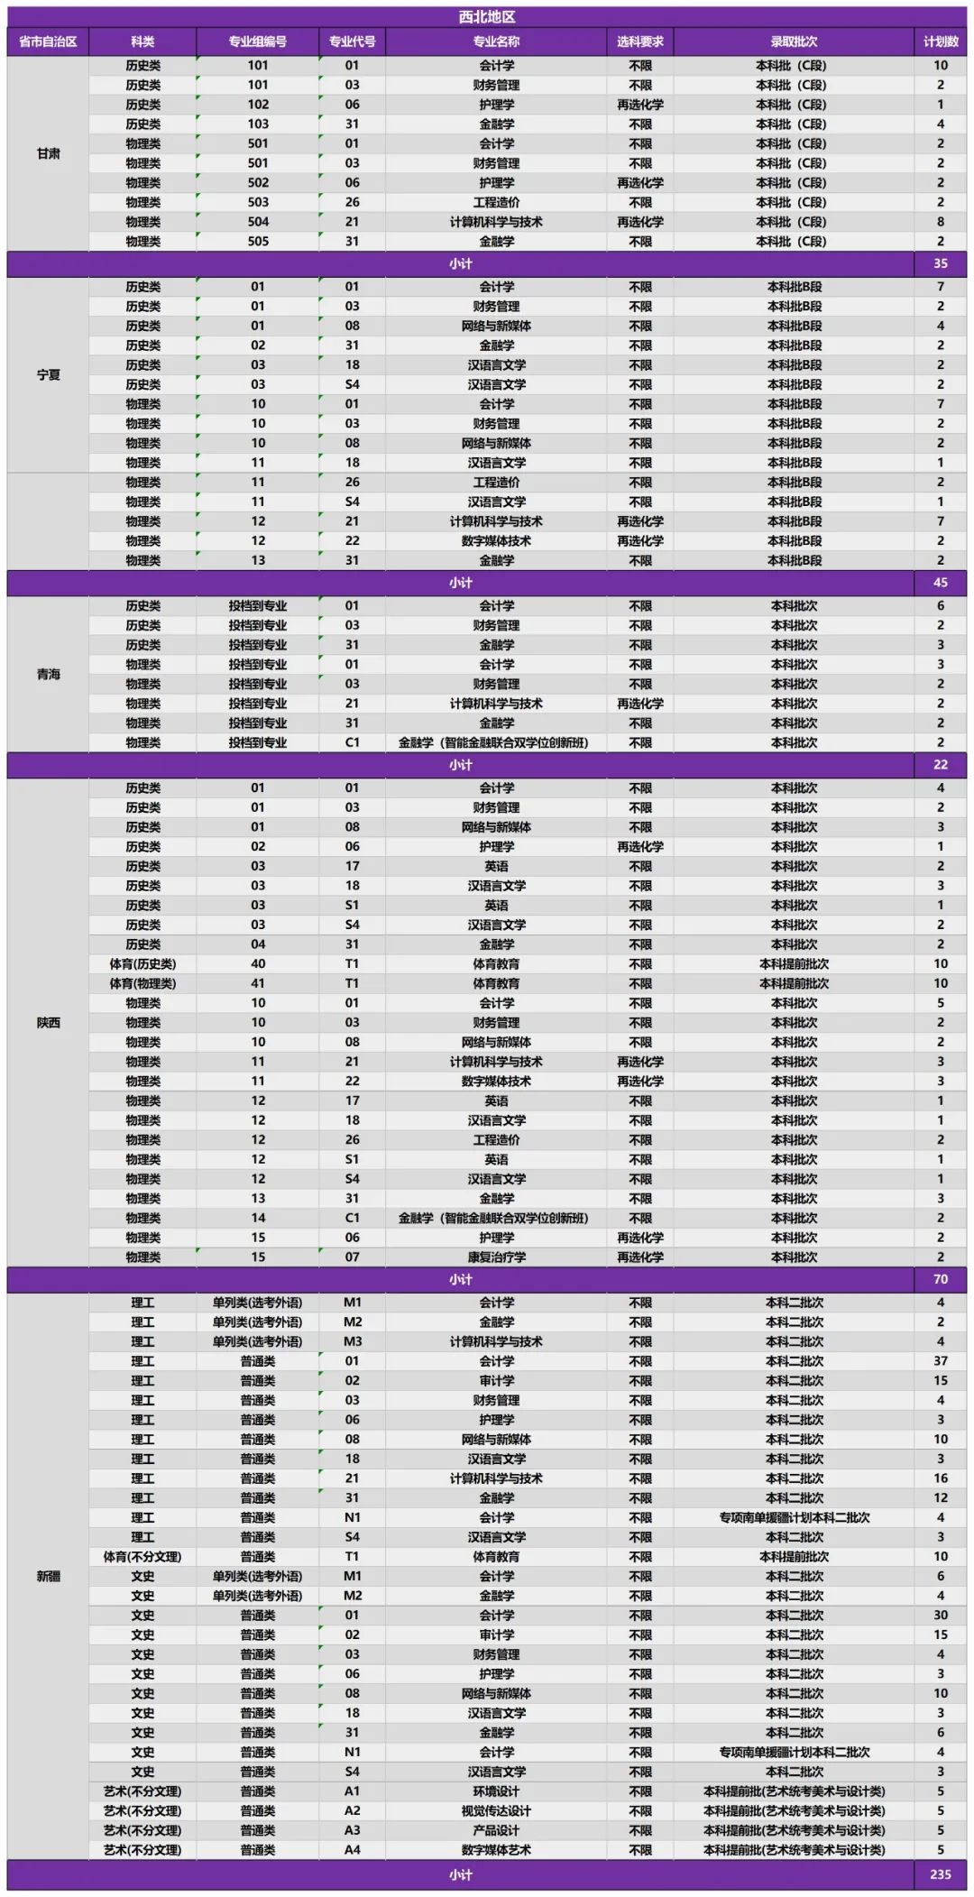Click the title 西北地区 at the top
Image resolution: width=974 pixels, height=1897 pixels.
click(x=487, y=17)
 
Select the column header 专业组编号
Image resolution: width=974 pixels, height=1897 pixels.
click(x=257, y=41)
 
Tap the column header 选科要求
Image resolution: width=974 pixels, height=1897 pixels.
click(x=639, y=41)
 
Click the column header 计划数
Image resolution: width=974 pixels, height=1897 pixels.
click(x=940, y=41)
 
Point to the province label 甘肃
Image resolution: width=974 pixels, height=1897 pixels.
click(x=49, y=153)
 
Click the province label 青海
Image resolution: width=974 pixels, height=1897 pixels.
click(x=49, y=674)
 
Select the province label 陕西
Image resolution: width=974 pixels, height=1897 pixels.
click(x=49, y=1022)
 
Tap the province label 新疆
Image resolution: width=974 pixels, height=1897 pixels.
click(x=49, y=1576)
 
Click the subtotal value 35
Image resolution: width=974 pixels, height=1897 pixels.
click(x=940, y=263)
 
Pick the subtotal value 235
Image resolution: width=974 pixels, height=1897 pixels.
click(x=940, y=1874)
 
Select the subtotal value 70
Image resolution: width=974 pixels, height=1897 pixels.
click(x=940, y=1279)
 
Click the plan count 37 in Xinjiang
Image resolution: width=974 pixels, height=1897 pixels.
click(x=940, y=1360)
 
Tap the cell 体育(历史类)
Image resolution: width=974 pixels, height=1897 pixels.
click(x=142, y=963)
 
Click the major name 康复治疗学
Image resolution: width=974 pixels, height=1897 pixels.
click(x=496, y=1257)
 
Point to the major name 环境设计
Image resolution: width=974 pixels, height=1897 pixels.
click(x=496, y=1791)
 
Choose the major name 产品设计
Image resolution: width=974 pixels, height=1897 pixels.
click(x=496, y=1830)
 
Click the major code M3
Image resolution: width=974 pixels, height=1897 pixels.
click(x=352, y=1341)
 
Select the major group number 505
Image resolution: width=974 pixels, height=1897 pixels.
click(x=258, y=241)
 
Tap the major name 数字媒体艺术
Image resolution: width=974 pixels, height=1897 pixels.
click(x=496, y=1849)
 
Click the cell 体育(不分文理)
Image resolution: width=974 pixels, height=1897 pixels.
click(x=142, y=1556)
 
